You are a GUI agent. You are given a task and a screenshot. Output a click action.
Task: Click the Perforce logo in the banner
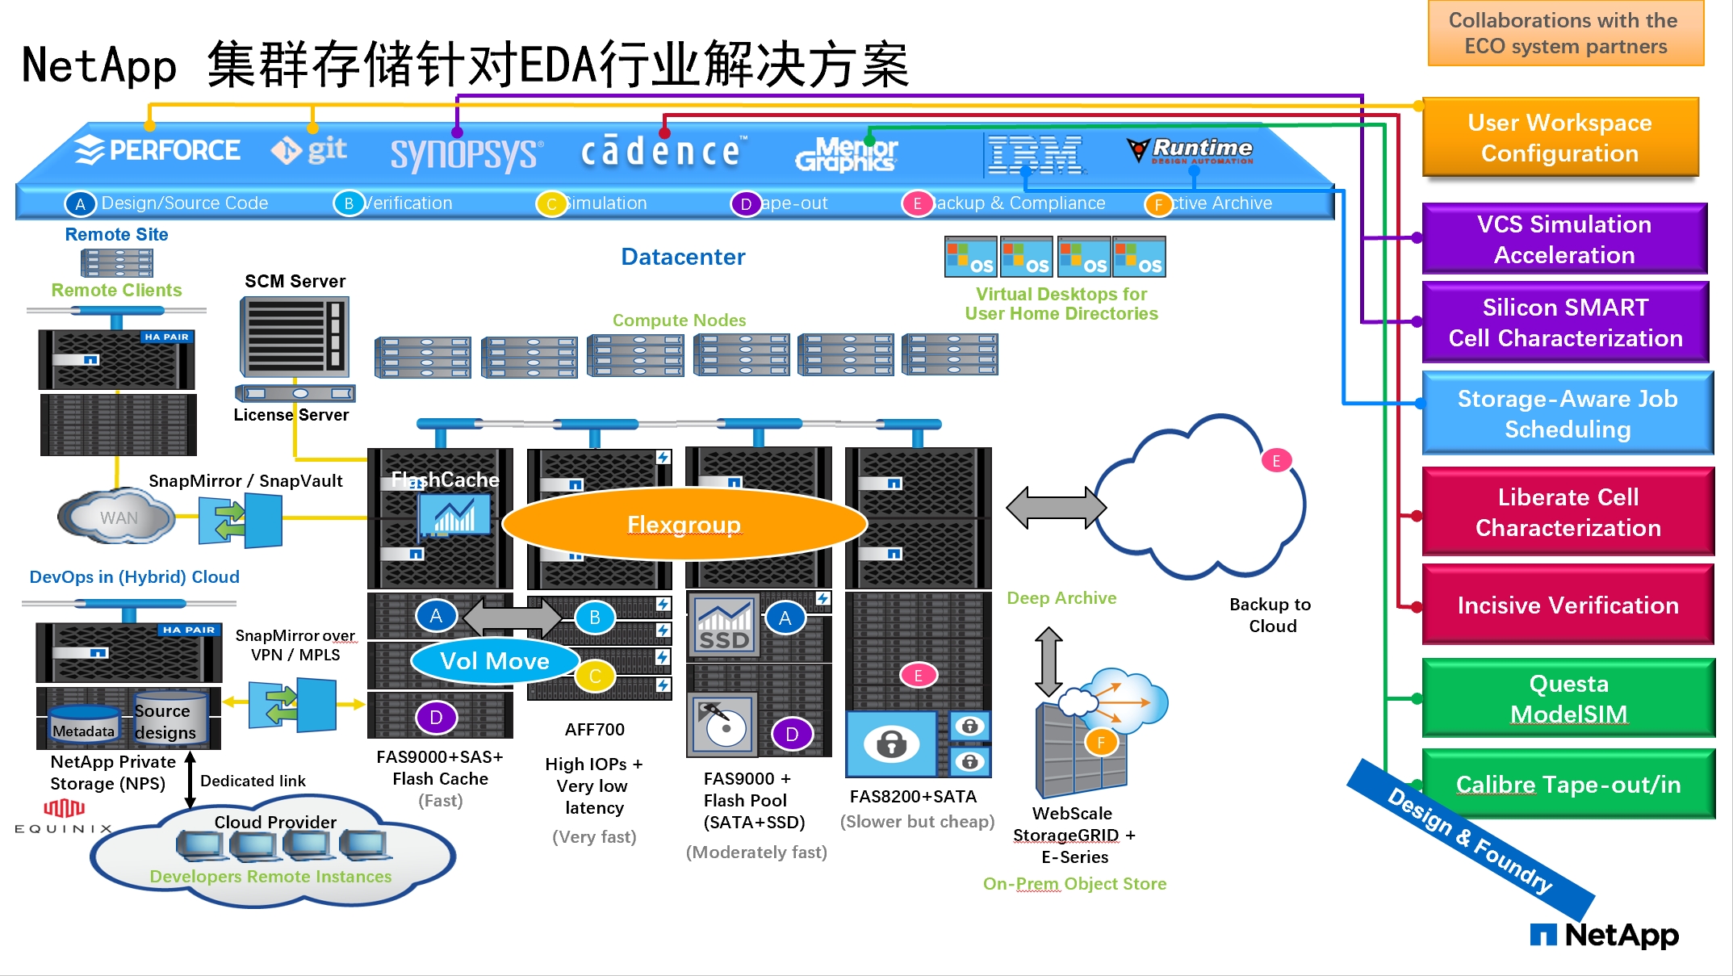coord(158,150)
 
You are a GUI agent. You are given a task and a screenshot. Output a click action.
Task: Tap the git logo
coord(309,150)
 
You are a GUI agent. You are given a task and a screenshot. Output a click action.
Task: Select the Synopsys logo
coord(466,153)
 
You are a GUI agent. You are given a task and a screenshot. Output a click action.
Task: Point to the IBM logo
coord(1035,154)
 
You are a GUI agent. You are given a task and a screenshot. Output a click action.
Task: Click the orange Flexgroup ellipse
coord(684,525)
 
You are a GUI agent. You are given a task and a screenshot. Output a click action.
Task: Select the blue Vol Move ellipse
coord(495,661)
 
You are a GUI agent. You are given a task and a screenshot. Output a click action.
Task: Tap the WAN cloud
coord(118,517)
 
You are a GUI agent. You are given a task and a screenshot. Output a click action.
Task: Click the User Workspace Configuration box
coord(1559,138)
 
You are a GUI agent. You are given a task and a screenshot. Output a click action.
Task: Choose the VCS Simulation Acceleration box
coord(1563,240)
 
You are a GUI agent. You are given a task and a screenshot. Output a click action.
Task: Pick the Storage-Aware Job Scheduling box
coord(1567,414)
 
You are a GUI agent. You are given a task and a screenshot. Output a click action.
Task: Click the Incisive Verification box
coord(1567,605)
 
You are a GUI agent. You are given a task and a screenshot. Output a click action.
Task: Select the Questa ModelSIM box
coord(1568,699)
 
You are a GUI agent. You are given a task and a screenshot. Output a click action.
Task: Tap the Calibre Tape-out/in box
coord(1568,785)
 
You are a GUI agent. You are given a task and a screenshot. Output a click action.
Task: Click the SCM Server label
coord(295,281)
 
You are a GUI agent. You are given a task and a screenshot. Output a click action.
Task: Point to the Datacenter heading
coord(683,257)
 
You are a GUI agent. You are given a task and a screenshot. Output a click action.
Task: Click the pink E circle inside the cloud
coord(1276,461)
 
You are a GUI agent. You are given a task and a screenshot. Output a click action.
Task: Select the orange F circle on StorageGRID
coord(1100,743)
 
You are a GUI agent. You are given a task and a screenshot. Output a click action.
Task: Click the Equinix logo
coord(63,816)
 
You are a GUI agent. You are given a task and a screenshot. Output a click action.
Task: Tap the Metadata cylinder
coord(83,725)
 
